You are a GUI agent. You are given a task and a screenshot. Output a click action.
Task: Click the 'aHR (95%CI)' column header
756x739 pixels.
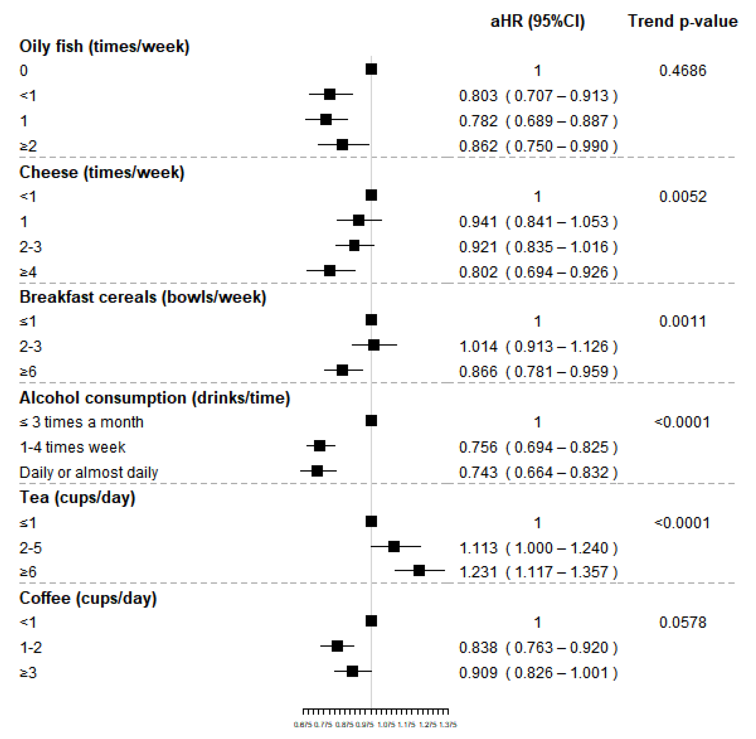[537, 21]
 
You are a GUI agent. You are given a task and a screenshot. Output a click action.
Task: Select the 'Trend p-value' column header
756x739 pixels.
[683, 21]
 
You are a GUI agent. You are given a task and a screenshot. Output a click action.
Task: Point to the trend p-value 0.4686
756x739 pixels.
[683, 71]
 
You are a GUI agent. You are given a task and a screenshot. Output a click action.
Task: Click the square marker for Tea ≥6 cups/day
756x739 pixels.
[419, 571]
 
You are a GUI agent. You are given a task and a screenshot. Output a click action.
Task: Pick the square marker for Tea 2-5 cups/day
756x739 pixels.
[393, 546]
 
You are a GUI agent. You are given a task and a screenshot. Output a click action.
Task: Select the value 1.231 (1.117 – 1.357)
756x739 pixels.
[538, 572]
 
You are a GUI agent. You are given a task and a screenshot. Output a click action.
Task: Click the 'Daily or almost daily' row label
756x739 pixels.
[89, 472]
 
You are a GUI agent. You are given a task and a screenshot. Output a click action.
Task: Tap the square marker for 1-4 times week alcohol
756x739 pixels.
[319, 446]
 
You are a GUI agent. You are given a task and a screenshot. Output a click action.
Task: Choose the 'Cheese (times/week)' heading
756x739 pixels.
[102, 172]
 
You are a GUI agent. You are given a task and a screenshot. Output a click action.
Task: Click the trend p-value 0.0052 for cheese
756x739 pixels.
[683, 196]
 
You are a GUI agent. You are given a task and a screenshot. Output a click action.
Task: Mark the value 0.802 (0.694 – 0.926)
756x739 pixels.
[538, 272]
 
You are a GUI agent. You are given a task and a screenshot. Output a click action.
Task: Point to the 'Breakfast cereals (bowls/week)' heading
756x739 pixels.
[143, 297]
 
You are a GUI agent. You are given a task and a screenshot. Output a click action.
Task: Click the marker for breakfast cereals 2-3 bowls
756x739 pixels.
[373, 345]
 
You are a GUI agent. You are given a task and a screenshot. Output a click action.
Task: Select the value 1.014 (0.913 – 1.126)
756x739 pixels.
[538, 347]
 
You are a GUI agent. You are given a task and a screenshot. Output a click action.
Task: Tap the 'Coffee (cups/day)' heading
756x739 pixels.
[88, 598]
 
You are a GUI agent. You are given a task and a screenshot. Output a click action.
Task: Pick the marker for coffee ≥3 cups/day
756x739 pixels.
[352, 671]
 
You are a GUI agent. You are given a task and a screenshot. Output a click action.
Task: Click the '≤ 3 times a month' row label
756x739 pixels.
[82, 422]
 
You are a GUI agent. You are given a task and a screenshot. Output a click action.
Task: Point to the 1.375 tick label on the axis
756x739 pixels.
[448, 724]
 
